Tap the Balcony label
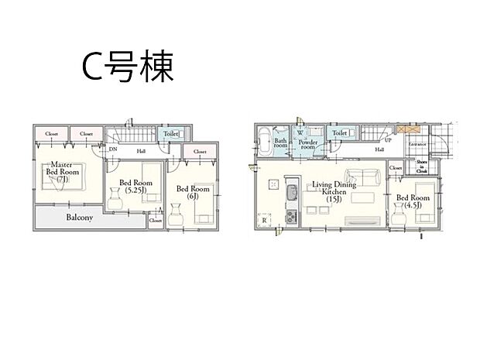click(x=79, y=218)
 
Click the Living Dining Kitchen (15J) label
click(x=333, y=190)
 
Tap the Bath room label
click(x=280, y=142)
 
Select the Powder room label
click(x=309, y=142)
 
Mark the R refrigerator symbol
click(x=265, y=221)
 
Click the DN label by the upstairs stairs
click(x=113, y=149)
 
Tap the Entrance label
click(x=418, y=145)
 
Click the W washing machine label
click(x=299, y=131)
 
